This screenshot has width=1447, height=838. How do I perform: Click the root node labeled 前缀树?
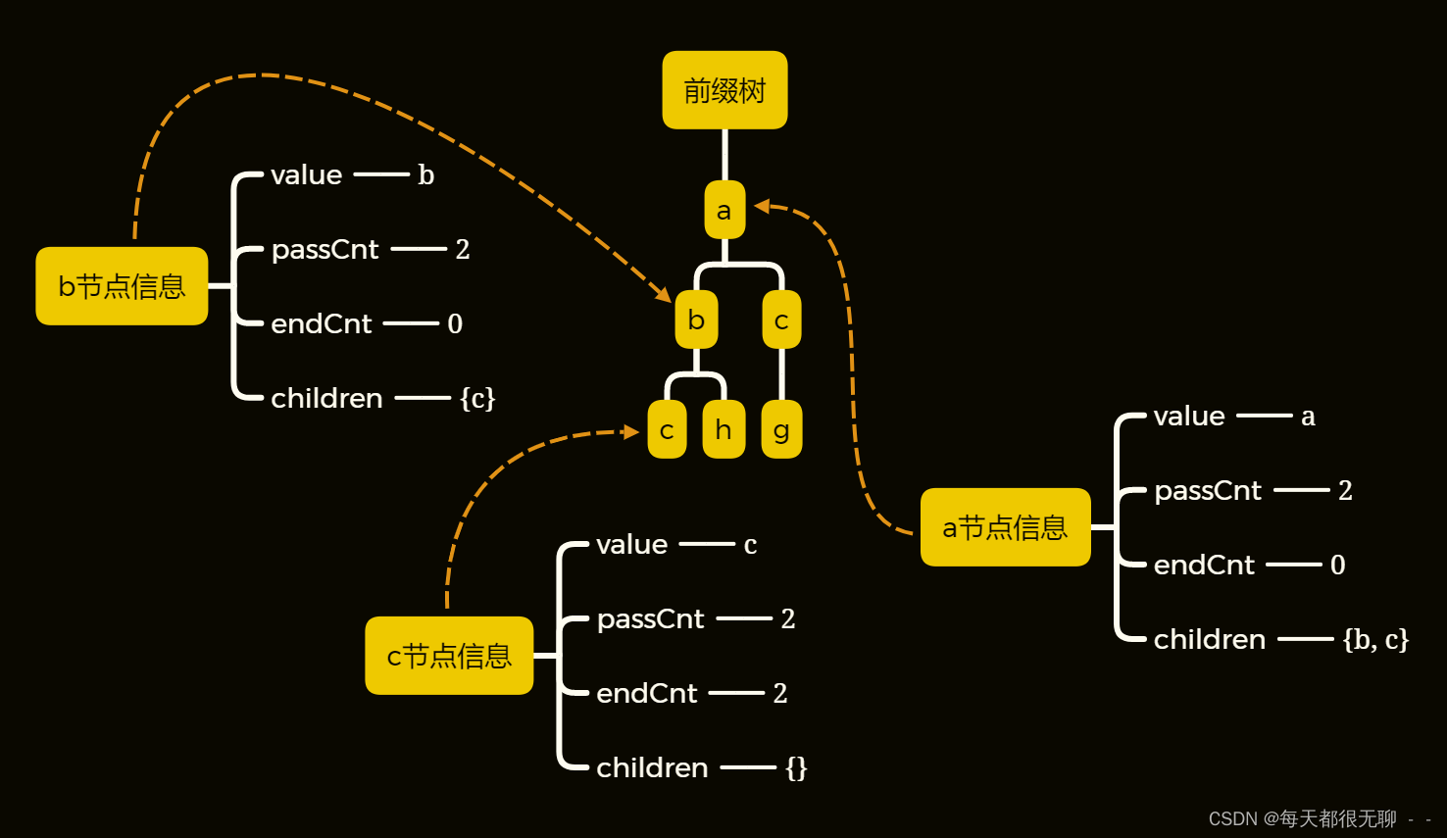tap(724, 90)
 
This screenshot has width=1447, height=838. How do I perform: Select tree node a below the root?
tap(724, 210)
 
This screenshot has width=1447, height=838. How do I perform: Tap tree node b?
tap(696, 320)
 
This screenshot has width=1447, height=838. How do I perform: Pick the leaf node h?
tap(723, 429)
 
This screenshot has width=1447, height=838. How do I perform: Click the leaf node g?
tap(781, 429)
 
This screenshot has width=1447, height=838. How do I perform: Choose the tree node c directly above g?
tap(781, 320)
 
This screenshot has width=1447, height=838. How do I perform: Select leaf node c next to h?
tap(667, 429)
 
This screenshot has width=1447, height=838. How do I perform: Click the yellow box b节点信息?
tap(122, 286)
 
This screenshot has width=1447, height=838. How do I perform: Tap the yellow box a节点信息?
tap(1005, 527)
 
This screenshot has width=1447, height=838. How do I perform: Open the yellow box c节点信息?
tap(449, 656)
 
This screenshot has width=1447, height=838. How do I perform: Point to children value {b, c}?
tap(1375, 639)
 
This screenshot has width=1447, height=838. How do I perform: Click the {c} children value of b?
tap(477, 398)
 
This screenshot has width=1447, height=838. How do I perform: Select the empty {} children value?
tap(796, 767)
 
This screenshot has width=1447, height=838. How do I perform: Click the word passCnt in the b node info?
tap(324, 250)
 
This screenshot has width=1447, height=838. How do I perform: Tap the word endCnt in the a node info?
tap(1204, 566)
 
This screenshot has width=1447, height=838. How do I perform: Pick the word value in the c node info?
tap(631, 545)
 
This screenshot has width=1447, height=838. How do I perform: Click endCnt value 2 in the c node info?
tap(780, 693)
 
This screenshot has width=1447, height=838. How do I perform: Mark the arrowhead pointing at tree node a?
tap(762, 206)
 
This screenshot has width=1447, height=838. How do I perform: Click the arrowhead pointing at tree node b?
tap(665, 294)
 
